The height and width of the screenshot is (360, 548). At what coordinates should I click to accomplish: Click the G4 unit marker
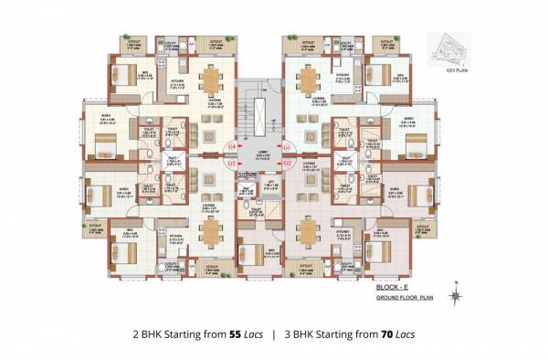pyautogui.click(x=231, y=146)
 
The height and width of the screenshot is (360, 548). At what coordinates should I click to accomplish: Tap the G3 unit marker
pyautogui.click(x=231, y=164)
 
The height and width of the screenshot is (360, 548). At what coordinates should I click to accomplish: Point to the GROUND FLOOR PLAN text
pyautogui.click(x=406, y=299)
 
